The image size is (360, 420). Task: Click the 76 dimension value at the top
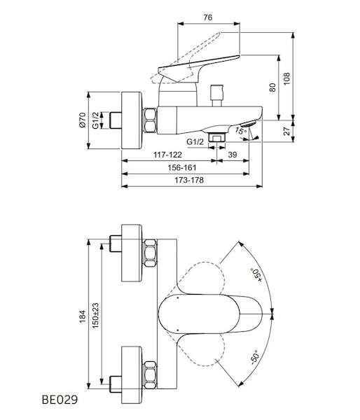pyautogui.click(x=208, y=17)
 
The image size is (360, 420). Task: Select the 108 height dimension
pyautogui.click(x=287, y=78)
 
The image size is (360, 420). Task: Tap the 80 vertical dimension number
pyautogui.click(x=272, y=87)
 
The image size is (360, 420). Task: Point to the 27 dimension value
pyautogui.click(x=287, y=131)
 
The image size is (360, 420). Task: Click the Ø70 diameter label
pyautogui.click(x=83, y=120)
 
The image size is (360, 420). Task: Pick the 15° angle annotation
pyautogui.click(x=240, y=131)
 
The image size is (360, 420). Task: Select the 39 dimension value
pyautogui.click(x=232, y=155)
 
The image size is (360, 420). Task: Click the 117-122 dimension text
pyautogui.click(x=167, y=155)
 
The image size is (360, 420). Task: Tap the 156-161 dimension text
pyautogui.click(x=182, y=168)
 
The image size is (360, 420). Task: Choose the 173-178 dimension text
pyautogui.click(x=189, y=180)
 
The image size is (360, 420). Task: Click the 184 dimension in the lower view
pyautogui.click(x=83, y=316)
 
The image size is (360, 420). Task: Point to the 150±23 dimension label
pyautogui.click(x=95, y=316)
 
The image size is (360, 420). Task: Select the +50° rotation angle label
pyautogui.click(x=256, y=275)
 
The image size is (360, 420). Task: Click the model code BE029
pyautogui.click(x=60, y=400)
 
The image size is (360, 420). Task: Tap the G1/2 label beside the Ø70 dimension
pyautogui.click(x=96, y=120)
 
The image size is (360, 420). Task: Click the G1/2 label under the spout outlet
pyautogui.click(x=195, y=141)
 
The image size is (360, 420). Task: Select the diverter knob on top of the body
pyautogui.click(x=217, y=96)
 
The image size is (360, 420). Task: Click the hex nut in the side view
pyautogui.click(x=150, y=120)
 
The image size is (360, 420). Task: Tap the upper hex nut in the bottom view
pyautogui.click(x=150, y=253)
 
